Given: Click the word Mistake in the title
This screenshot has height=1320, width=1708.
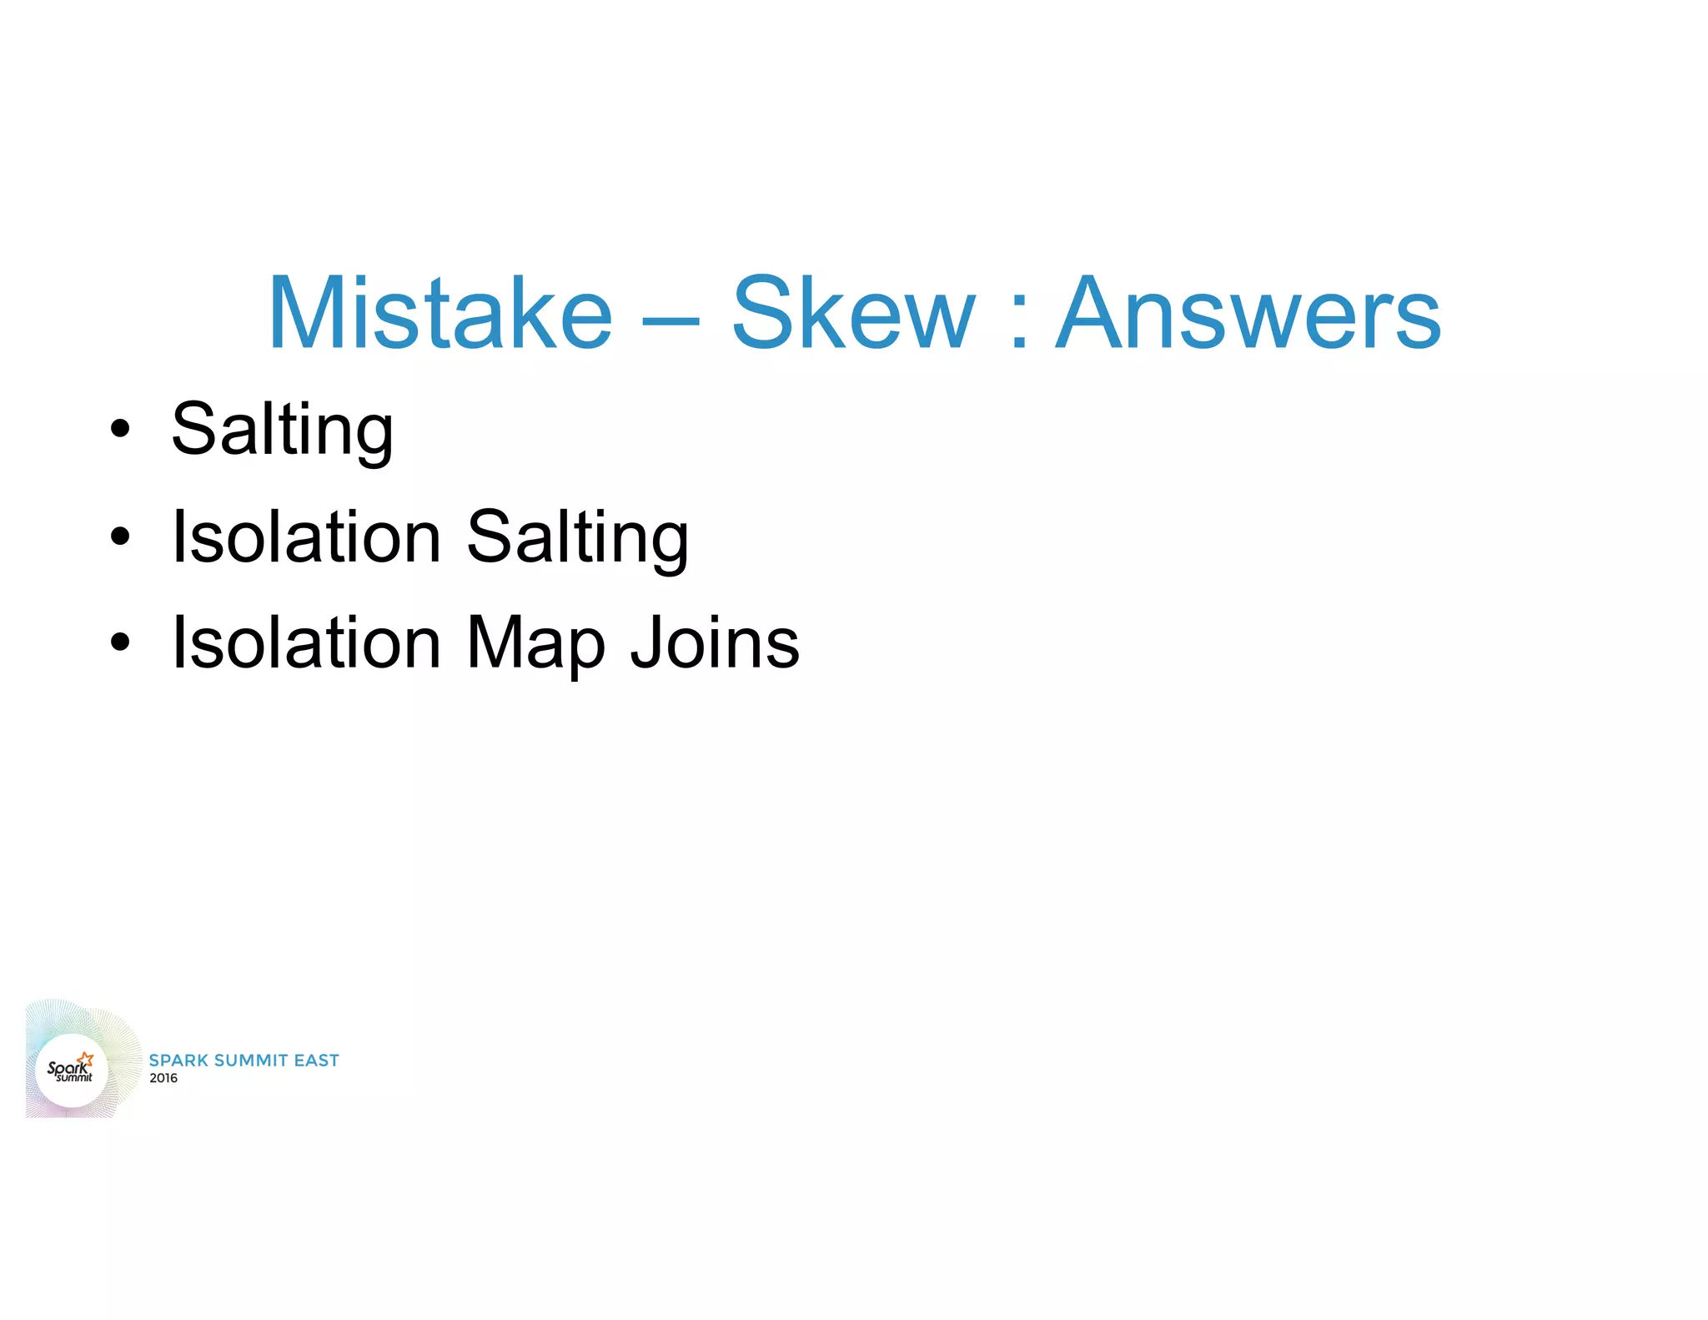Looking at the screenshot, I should (x=440, y=313).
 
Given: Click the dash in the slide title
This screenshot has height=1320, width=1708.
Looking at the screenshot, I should (x=671, y=320).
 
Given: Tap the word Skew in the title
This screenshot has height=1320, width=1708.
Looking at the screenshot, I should (x=852, y=313).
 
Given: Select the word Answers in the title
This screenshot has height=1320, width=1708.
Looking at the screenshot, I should (x=1248, y=313).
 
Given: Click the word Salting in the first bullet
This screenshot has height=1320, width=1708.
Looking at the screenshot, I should (x=282, y=430).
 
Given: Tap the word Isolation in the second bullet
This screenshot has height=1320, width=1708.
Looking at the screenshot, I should (x=306, y=537).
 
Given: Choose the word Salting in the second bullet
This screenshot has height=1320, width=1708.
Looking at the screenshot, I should (x=577, y=538).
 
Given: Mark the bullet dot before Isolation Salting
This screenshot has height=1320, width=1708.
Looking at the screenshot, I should (x=121, y=537).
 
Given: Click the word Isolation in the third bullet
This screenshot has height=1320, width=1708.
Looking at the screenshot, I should (x=306, y=642).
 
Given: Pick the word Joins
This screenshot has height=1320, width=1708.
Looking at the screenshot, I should (x=715, y=642).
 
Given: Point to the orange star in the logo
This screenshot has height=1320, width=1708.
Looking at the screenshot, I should (x=86, y=1060).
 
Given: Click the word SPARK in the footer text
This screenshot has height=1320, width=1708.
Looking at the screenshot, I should (x=178, y=1061).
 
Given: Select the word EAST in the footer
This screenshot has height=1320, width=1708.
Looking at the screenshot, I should (x=316, y=1061).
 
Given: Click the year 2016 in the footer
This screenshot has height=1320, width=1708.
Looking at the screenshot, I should (x=163, y=1078).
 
